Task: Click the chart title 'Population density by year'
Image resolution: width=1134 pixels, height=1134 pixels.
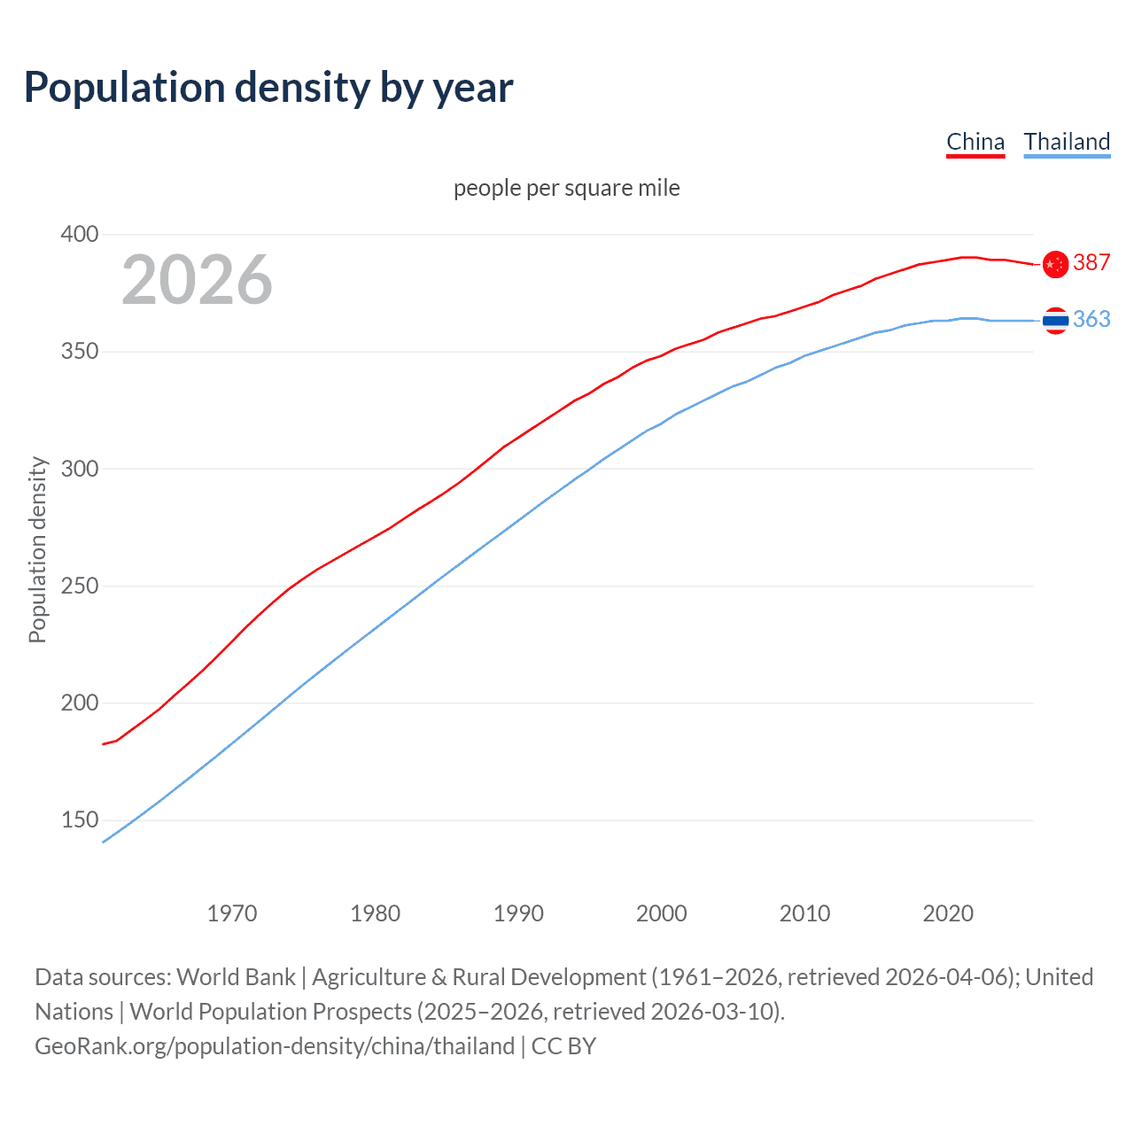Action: pyautogui.click(x=268, y=88)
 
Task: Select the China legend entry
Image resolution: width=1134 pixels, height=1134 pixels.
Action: pyautogui.click(x=975, y=142)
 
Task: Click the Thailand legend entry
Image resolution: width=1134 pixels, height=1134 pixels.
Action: pyautogui.click(x=1067, y=142)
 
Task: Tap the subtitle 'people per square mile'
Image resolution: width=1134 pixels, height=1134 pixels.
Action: pyautogui.click(x=567, y=188)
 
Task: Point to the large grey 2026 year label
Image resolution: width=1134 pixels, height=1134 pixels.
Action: pyautogui.click(x=197, y=280)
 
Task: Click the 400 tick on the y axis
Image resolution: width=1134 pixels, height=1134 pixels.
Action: pyautogui.click(x=80, y=235)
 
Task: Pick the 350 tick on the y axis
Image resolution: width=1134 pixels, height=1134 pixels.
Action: pyautogui.click(x=80, y=352)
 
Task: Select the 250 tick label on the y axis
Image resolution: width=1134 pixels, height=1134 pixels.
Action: pyautogui.click(x=80, y=586)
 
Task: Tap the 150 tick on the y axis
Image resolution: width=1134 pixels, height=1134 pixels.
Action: pyautogui.click(x=80, y=820)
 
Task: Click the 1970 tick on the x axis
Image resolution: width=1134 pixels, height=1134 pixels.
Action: pyautogui.click(x=232, y=913)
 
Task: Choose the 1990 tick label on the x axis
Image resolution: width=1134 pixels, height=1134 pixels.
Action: pyautogui.click(x=518, y=913)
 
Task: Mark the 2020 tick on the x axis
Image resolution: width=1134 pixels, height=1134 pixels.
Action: pyautogui.click(x=948, y=913)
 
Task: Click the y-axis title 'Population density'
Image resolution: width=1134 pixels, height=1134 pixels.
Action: pyautogui.click(x=37, y=549)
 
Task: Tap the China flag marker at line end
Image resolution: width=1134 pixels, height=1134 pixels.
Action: pyautogui.click(x=1055, y=264)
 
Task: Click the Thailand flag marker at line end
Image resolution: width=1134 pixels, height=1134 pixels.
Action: pyautogui.click(x=1055, y=321)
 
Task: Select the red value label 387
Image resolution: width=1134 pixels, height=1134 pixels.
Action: pyautogui.click(x=1091, y=262)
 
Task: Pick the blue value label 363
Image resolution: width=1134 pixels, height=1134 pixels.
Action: pyautogui.click(x=1091, y=319)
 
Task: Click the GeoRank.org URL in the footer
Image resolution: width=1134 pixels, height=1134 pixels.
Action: pyautogui.click(x=275, y=1046)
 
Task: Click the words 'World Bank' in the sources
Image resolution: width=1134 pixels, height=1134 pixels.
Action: pyautogui.click(x=236, y=977)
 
